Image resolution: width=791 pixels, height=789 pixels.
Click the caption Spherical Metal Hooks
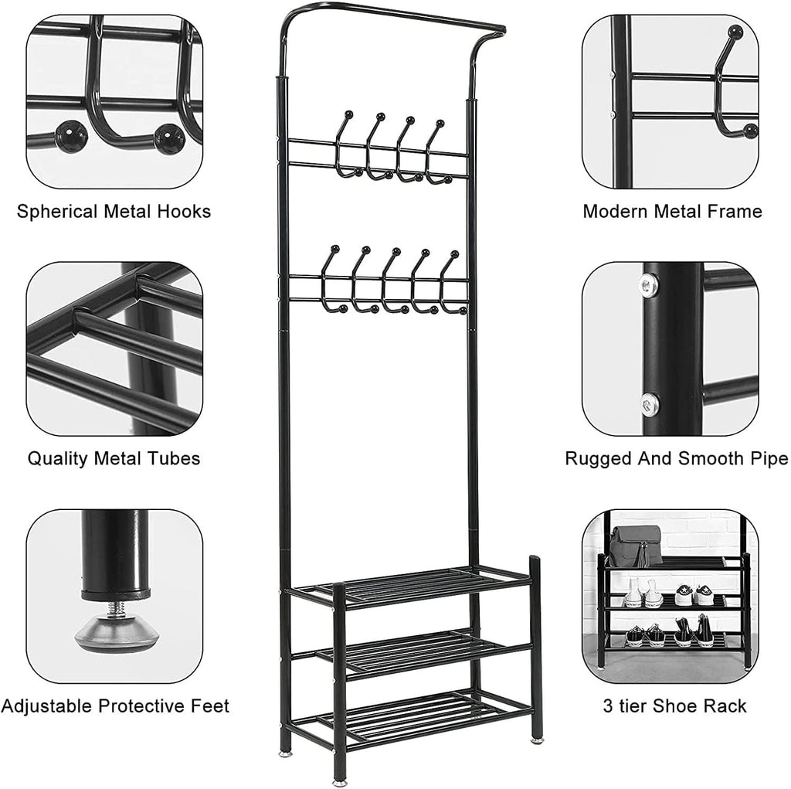point(114,212)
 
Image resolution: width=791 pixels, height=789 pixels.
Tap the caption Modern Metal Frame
point(672,212)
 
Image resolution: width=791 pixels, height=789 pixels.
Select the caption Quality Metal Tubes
point(114,458)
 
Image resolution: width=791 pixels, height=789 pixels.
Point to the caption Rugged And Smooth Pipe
point(676,458)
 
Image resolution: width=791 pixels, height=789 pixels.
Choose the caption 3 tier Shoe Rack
point(674,706)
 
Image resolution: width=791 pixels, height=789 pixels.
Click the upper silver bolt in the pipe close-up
point(649,287)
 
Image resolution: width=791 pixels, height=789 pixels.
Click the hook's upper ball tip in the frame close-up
point(735,32)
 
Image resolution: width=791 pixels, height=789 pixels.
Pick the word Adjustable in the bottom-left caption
point(53,706)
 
